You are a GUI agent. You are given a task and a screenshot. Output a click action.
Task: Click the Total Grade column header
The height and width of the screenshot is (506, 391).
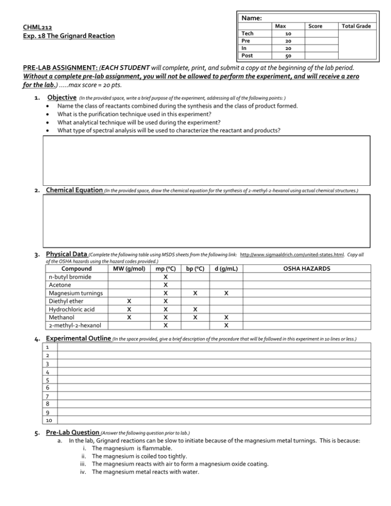(x=356, y=25)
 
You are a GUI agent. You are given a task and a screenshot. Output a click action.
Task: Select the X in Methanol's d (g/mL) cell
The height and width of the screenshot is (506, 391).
(x=226, y=317)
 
